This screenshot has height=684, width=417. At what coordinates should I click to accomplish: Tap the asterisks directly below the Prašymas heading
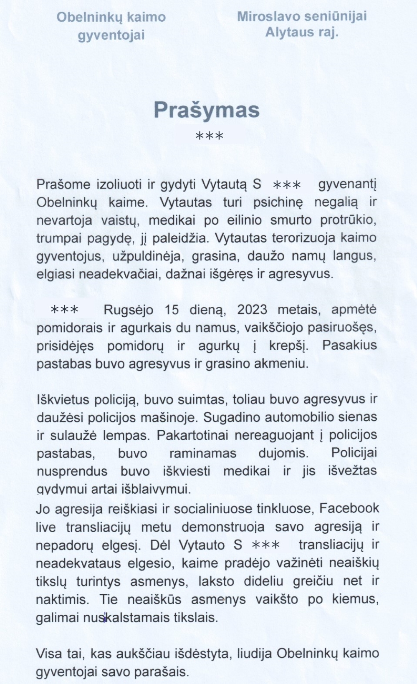[x=210, y=136]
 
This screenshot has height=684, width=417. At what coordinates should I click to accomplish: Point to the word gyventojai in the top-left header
[x=111, y=35]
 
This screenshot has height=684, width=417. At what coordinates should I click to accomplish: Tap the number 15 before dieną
[x=172, y=310]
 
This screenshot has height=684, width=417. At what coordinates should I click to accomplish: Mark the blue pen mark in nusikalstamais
[x=105, y=617]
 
